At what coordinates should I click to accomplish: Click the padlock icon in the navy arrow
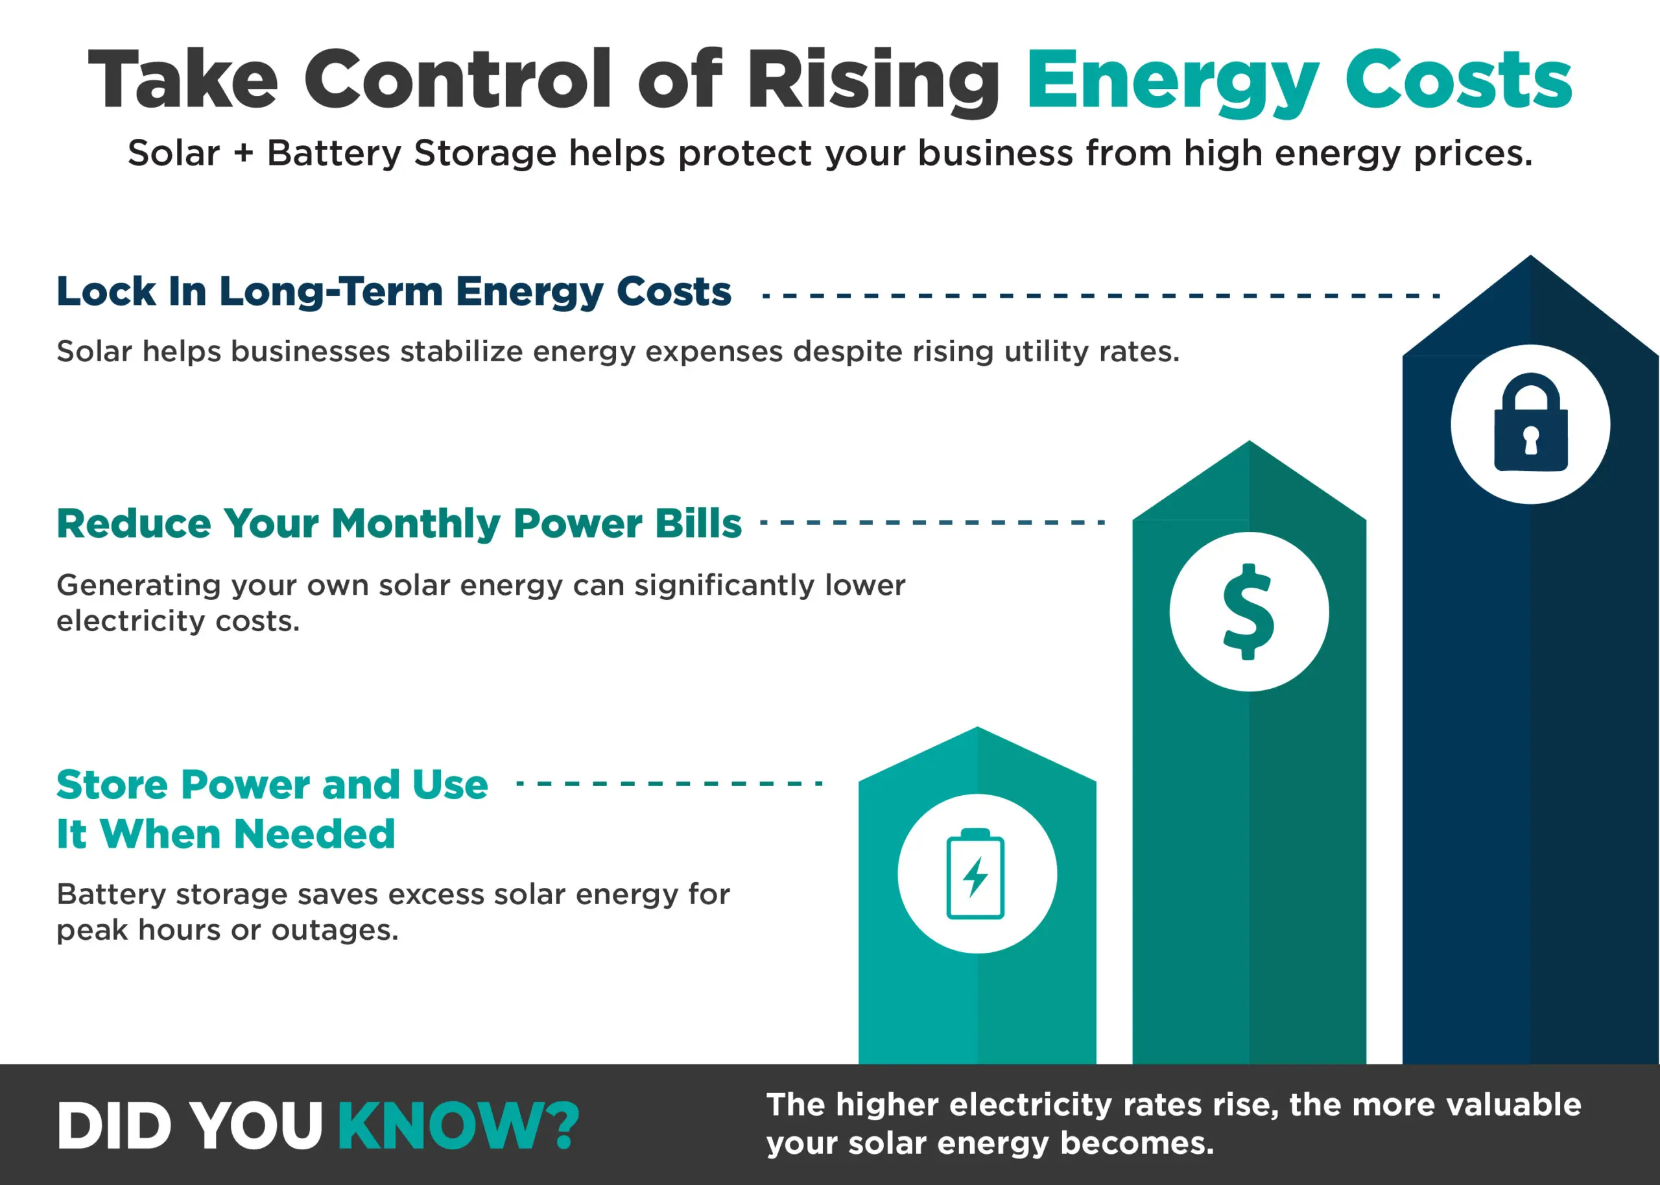[x=1530, y=424]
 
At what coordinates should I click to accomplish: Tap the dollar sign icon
[x=1249, y=612]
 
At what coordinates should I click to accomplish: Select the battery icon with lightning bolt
[x=976, y=874]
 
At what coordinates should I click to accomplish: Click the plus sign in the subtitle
[x=244, y=153]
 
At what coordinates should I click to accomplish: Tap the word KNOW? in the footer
[x=458, y=1126]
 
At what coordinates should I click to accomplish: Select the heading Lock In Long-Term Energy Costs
[x=394, y=292]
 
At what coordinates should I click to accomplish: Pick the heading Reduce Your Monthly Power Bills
[x=399, y=523]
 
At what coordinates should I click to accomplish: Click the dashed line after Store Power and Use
[x=669, y=783]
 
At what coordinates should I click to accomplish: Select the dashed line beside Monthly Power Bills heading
[x=932, y=523]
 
